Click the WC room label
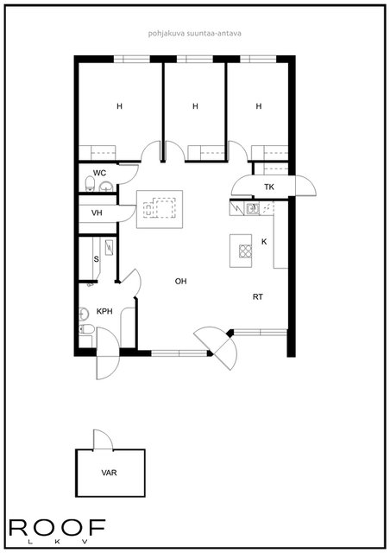[99, 173]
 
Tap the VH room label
[97, 213]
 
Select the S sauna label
[96, 259]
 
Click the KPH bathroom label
[104, 311]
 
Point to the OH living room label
[180, 282]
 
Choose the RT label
[258, 297]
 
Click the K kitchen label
[264, 242]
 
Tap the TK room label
[269, 187]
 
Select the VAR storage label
[110, 473]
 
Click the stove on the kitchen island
[245, 251]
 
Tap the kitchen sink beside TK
[252, 208]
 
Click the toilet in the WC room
[91, 184]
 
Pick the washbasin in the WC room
[106, 187]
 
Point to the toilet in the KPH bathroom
[86, 329]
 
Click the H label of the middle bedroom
[196, 106]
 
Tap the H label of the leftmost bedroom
[119, 106]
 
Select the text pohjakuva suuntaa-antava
[195, 34]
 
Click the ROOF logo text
[57, 528]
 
